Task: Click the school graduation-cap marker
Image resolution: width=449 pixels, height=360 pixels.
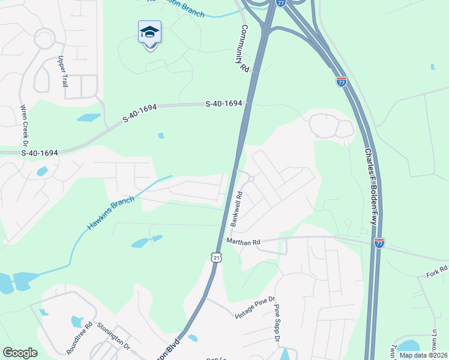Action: point(149,34)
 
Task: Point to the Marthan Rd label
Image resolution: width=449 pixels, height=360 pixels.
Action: point(243,242)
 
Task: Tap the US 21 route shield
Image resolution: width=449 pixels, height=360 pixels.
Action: point(216,257)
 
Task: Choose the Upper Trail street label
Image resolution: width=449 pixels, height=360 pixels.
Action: point(62,71)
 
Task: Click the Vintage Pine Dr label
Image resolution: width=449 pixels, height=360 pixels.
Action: point(255,307)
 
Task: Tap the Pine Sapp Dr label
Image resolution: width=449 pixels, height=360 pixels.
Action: point(277,323)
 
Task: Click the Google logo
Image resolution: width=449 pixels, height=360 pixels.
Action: point(20,353)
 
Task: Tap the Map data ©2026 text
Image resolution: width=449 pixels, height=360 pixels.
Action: point(423,355)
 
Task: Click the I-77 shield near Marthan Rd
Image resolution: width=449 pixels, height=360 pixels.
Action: point(379,243)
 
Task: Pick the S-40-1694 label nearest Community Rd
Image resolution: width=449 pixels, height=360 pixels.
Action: point(223,104)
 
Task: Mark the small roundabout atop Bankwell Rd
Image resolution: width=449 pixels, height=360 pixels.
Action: point(252,179)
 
